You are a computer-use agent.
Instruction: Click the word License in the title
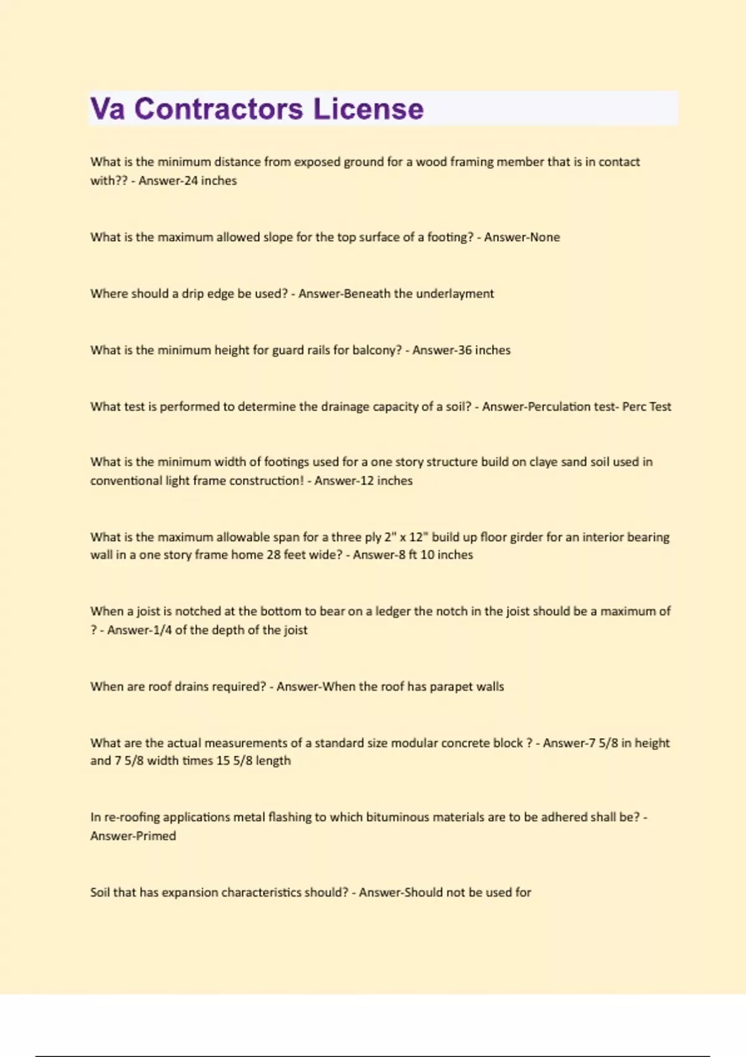(x=368, y=109)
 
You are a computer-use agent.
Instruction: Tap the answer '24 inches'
(x=211, y=181)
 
